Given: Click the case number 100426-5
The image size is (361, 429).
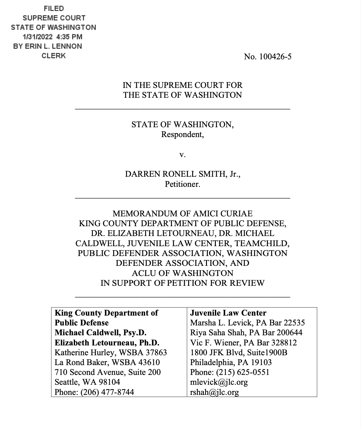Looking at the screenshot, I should tap(275, 57).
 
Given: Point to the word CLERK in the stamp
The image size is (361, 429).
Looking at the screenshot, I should tap(54, 56).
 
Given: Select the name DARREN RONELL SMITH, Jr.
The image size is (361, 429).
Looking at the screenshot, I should tap(183, 174).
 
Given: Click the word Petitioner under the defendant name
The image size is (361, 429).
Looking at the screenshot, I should tap(182, 184).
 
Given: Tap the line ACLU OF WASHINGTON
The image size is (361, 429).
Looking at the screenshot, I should tap(183, 273).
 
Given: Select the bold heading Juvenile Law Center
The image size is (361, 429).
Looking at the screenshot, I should tap(228, 313).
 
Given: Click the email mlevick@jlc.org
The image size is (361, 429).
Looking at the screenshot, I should tap(219, 382).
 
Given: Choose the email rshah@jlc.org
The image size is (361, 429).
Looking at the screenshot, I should tap(215, 392).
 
